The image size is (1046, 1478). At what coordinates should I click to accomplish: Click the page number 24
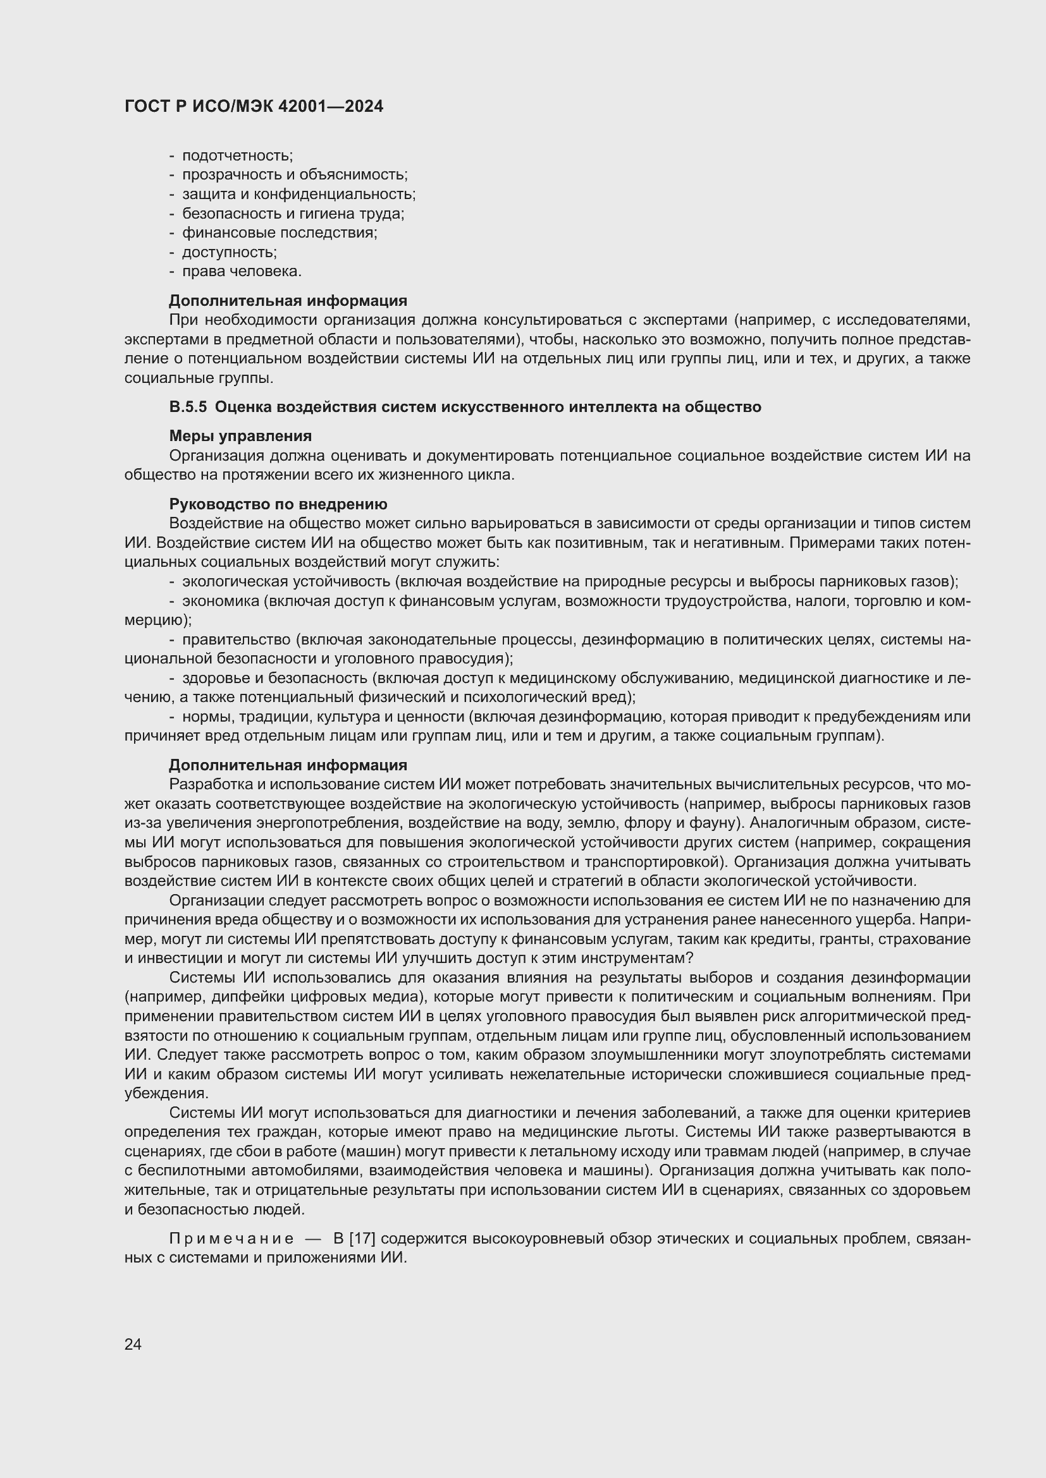[133, 1344]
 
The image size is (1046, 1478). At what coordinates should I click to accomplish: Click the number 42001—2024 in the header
[330, 106]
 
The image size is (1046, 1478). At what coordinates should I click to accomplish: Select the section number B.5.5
[187, 407]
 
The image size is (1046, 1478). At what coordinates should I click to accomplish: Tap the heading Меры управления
[240, 436]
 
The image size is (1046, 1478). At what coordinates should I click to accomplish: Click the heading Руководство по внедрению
[278, 504]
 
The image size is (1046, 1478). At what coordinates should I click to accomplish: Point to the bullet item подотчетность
[237, 155]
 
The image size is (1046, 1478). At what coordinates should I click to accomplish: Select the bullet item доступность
[230, 251]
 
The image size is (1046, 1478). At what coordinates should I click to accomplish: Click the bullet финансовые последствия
[280, 233]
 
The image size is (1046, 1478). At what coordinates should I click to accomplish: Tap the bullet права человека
[242, 271]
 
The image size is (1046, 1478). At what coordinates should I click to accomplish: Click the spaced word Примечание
[231, 1239]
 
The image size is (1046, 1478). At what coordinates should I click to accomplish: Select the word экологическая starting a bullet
[235, 581]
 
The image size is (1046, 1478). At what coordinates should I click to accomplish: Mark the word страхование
[927, 939]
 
